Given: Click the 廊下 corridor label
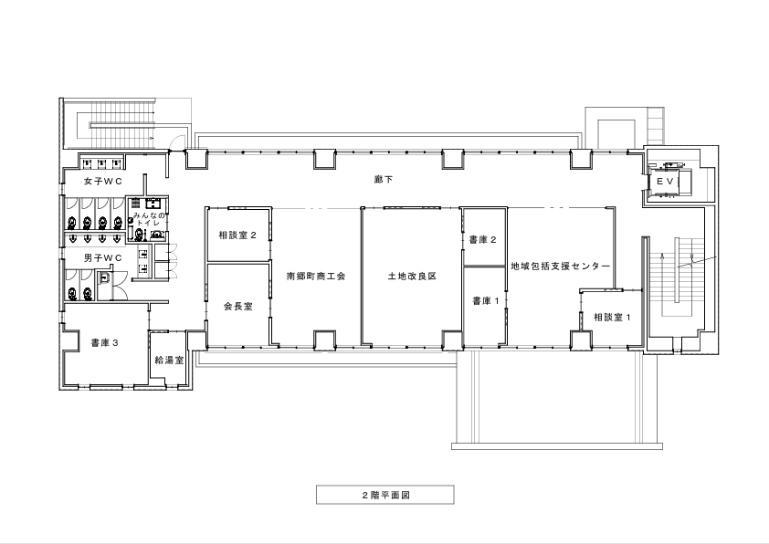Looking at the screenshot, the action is tap(383, 180).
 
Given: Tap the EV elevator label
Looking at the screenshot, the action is tap(666, 182).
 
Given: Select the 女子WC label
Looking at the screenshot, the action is tap(103, 182).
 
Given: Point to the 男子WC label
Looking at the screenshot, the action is tap(103, 257).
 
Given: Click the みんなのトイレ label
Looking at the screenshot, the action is tap(150, 219).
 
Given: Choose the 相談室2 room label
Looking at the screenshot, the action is tap(237, 235).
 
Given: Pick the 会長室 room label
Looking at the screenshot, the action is tap(238, 307).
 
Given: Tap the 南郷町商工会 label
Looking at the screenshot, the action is tap(316, 276).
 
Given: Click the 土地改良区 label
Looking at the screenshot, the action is tap(412, 276).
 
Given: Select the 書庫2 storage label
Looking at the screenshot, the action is tap(482, 240).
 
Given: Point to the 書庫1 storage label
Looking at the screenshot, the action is tap(486, 300).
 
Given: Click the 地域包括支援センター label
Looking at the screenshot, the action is tap(561, 267).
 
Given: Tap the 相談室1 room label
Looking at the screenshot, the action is tap(613, 317).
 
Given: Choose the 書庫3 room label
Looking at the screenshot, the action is tap(104, 343).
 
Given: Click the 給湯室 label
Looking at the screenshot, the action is tap(169, 361).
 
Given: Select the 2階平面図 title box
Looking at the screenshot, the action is tap(385, 495).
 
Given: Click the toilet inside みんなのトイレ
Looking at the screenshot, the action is tap(140, 235).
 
